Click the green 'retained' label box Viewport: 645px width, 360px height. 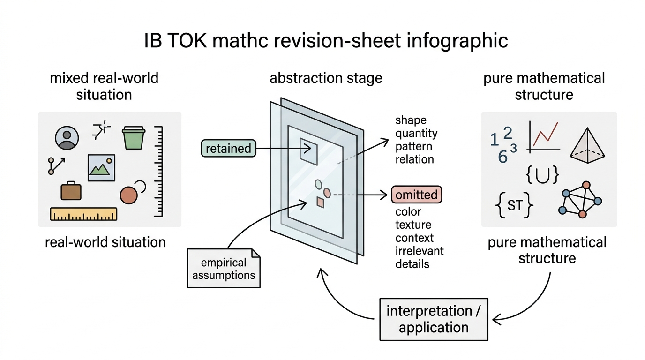pyautogui.click(x=228, y=148)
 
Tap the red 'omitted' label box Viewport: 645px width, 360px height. pyautogui.click(x=416, y=195)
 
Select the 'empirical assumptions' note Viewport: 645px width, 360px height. pyautogui.click(x=224, y=269)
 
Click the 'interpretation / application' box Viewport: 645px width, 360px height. pyautogui.click(x=434, y=319)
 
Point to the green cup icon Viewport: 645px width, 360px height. pyautogui.click(x=133, y=138)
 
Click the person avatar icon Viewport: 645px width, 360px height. pyautogui.click(x=67, y=138)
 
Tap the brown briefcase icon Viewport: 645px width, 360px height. pyautogui.click(x=71, y=191)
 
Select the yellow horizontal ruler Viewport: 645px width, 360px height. pyautogui.click(x=83, y=214)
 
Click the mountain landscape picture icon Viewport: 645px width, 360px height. pyautogui.click(x=101, y=168)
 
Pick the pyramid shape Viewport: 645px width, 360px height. pyautogui.click(x=587, y=145)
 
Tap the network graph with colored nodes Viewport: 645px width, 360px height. pyautogui.click(x=580, y=200)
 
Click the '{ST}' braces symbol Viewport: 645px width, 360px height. pyautogui.click(x=514, y=205)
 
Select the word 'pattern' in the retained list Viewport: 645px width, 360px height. pyautogui.click(x=413, y=146)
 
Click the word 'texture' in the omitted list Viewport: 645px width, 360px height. pyautogui.click(x=413, y=225)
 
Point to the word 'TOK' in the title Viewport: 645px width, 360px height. pyautogui.click(x=187, y=41)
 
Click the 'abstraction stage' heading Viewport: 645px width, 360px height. pyautogui.click(x=326, y=78)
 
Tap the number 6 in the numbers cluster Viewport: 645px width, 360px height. pyautogui.click(x=503, y=157)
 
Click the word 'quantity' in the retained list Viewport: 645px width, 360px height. pyautogui.click(x=416, y=133)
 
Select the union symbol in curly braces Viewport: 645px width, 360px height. pyautogui.click(x=542, y=175)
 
